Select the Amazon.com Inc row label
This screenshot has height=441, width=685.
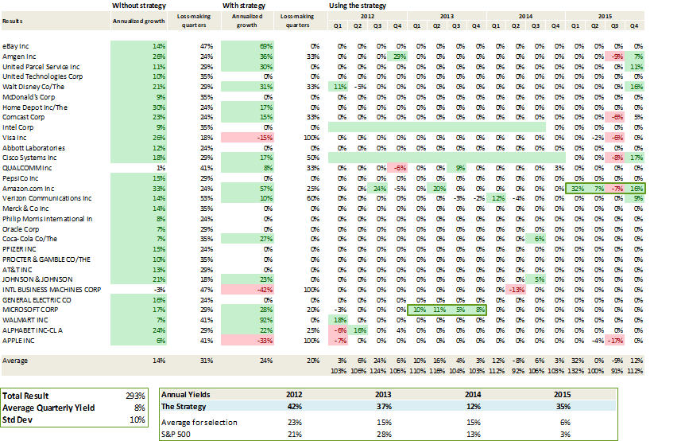[27, 188]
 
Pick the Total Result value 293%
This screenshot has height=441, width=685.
[136, 396]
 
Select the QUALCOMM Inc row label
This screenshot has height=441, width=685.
[27, 168]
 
